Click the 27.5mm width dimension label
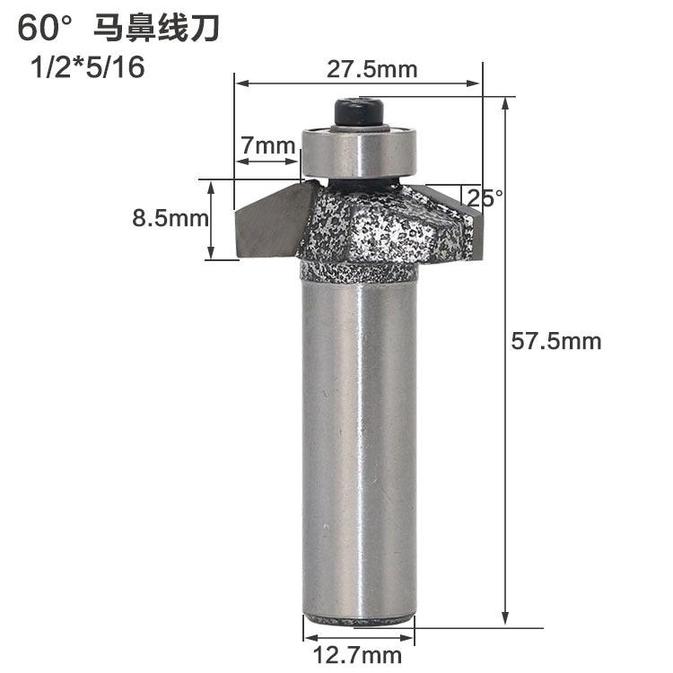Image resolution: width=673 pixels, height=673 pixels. [x=360, y=68]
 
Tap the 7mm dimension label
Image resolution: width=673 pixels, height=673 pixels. [x=267, y=144]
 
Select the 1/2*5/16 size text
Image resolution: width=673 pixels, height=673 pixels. [x=81, y=68]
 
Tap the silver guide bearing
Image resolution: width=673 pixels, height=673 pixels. [x=359, y=151]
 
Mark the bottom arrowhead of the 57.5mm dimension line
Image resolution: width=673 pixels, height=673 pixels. [x=507, y=623]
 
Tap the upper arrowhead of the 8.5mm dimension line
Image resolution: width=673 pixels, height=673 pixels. [x=212, y=185]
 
